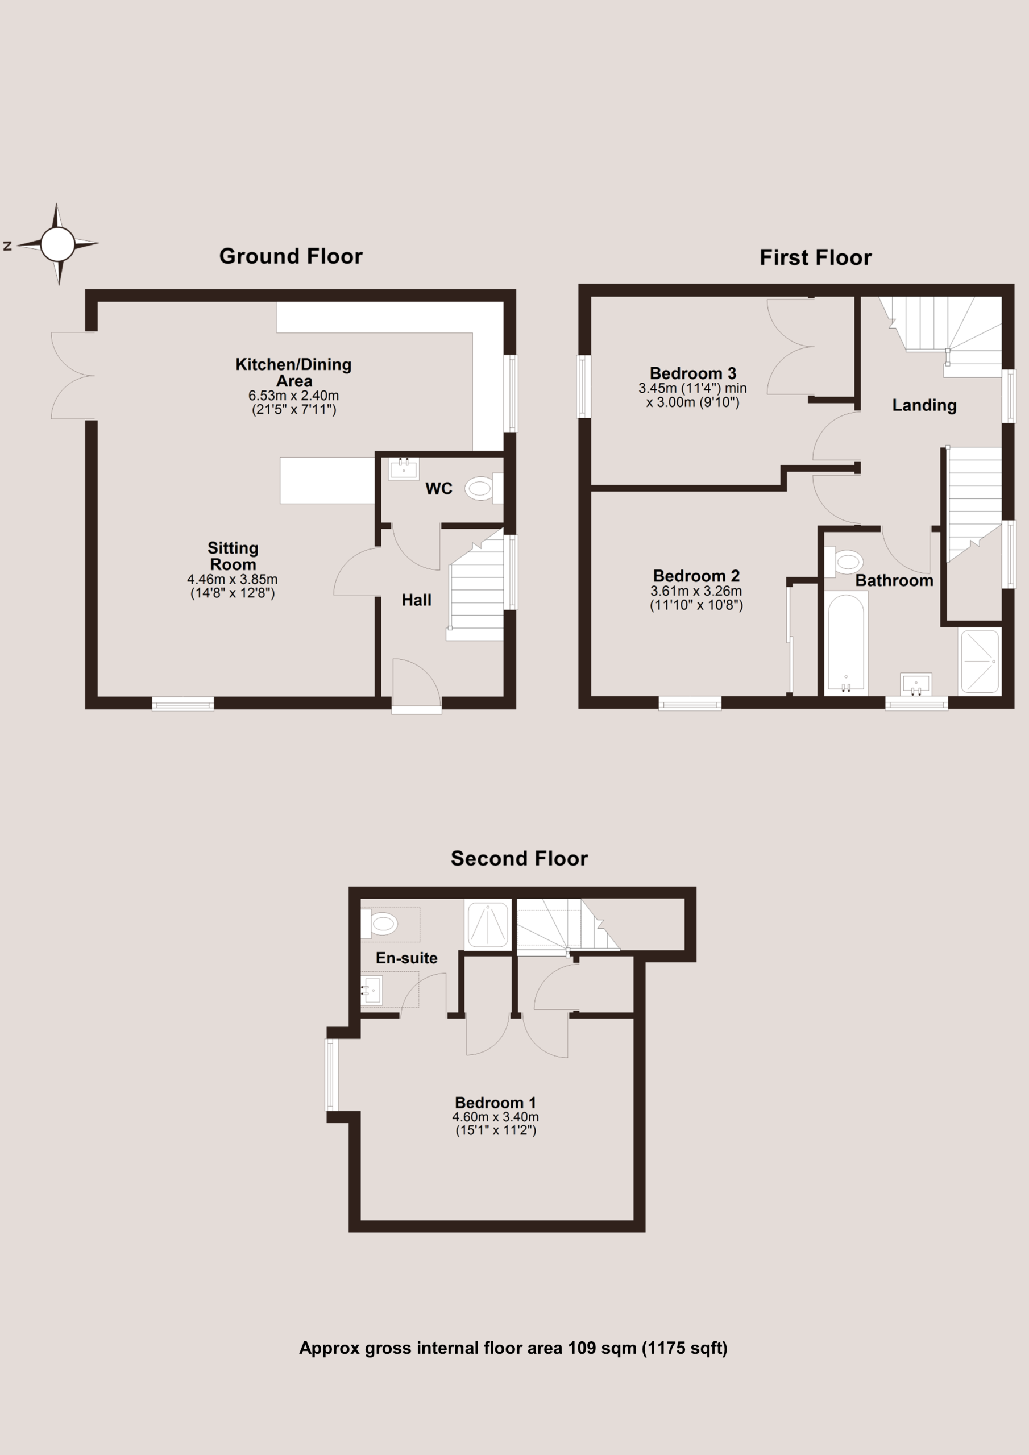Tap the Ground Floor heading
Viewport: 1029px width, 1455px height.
pyautogui.click(x=291, y=256)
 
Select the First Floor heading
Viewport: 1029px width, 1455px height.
pyautogui.click(x=815, y=257)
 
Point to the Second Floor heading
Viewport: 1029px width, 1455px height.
pyautogui.click(x=519, y=858)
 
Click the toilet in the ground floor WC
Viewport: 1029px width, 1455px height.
pyautogui.click(x=484, y=488)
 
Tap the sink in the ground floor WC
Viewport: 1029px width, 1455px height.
pyautogui.click(x=403, y=469)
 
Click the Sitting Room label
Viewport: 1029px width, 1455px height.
pyautogui.click(x=233, y=556)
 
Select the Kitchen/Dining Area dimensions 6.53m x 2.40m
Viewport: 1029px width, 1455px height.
pyautogui.click(x=293, y=396)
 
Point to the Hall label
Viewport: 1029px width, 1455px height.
pyautogui.click(x=417, y=600)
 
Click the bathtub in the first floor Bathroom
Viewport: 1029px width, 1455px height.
pyautogui.click(x=846, y=642)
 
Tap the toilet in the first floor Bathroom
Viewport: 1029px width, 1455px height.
pyautogui.click(x=844, y=562)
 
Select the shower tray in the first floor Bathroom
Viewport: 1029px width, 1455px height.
pyautogui.click(x=980, y=661)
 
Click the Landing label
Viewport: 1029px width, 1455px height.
pyautogui.click(x=924, y=406)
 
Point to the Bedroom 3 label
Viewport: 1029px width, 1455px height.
pyautogui.click(x=693, y=373)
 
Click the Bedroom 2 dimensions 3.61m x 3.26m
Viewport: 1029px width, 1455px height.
pyautogui.click(x=696, y=591)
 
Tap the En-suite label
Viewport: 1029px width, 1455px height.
pyautogui.click(x=406, y=958)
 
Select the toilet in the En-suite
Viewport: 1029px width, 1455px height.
pyautogui.click(x=379, y=924)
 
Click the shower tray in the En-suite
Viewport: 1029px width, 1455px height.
pyautogui.click(x=488, y=925)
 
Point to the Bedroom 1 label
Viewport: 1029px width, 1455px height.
pyautogui.click(x=496, y=1103)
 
